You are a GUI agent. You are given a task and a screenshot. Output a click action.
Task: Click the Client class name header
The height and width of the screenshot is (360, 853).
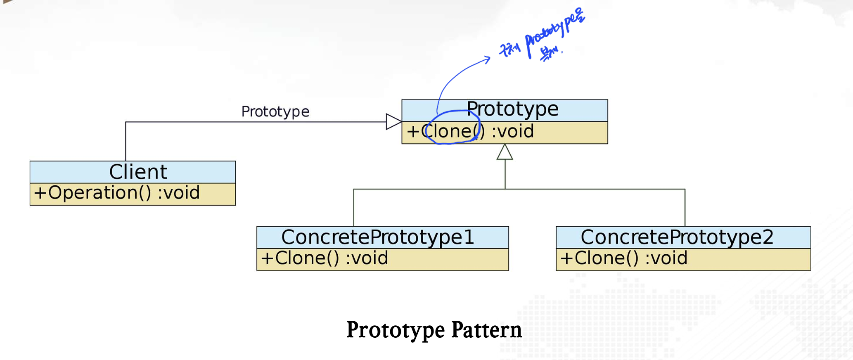click(x=138, y=172)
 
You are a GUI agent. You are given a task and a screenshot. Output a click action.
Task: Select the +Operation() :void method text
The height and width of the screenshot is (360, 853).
click(x=117, y=193)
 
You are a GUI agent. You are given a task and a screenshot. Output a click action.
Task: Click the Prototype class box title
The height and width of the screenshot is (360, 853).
click(x=512, y=109)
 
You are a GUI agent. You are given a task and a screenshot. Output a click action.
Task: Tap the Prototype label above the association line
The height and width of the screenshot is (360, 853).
click(x=275, y=111)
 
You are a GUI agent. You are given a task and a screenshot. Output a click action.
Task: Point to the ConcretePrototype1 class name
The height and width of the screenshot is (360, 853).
click(x=377, y=237)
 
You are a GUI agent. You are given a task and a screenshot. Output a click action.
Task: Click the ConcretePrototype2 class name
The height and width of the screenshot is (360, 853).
click(x=677, y=237)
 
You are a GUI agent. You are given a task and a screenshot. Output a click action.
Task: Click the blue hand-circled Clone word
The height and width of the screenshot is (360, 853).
click(x=449, y=132)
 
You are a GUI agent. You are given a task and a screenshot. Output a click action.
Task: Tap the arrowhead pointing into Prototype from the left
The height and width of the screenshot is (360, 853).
click(x=393, y=122)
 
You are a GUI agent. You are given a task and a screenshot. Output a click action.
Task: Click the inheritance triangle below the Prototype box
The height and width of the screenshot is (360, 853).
click(x=505, y=152)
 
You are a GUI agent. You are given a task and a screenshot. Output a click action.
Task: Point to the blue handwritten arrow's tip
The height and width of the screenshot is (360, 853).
click(x=489, y=59)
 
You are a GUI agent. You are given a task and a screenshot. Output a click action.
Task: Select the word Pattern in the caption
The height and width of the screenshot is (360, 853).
click(x=486, y=330)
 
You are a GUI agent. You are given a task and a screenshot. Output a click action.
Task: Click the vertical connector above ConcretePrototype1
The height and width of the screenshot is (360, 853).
click(x=354, y=208)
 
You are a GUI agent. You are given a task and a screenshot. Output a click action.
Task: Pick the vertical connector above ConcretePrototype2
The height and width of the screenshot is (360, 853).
click(x=685, y=208)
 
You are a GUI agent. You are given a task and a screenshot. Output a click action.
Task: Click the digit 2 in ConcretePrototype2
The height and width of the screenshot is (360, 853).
click(x=768, y=237)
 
